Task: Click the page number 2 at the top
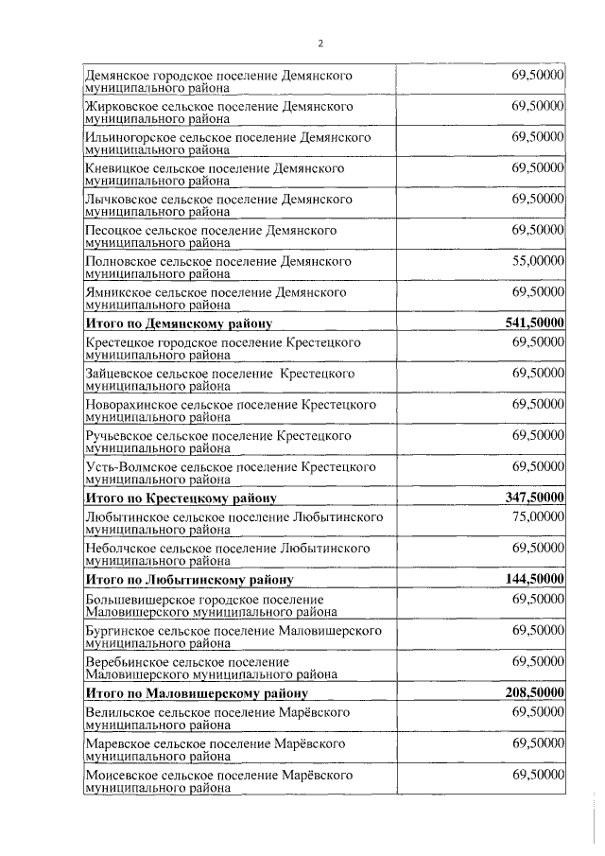320,44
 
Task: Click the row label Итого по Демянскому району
179,324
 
